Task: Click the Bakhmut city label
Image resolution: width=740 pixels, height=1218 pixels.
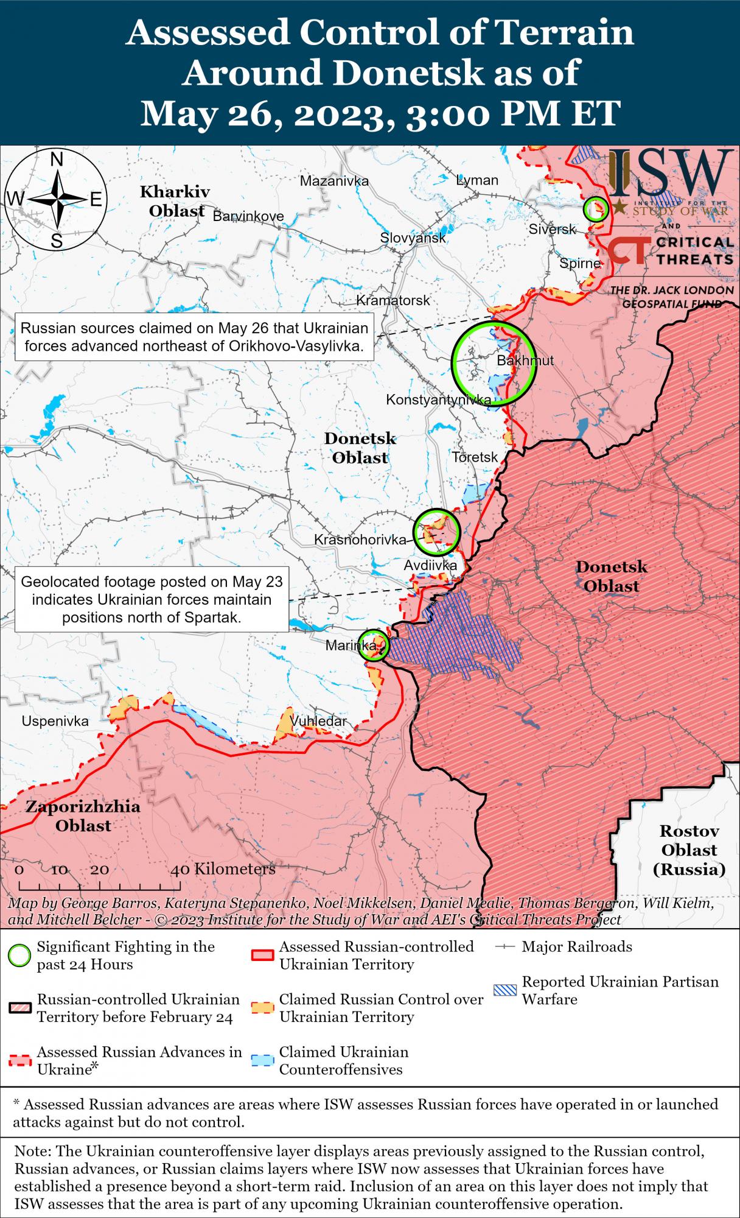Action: pyautogui.click(x=525, y=361)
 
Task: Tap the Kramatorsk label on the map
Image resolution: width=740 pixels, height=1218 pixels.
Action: pyautogui.click(x=393, y=300)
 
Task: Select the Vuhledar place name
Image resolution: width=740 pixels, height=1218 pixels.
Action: pyautogui.click(x=318, y=721)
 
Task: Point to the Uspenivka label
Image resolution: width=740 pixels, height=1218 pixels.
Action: pyautogui.click(x=55, y=721)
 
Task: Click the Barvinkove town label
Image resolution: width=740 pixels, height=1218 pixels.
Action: pyautogui.click(x=248, y=216)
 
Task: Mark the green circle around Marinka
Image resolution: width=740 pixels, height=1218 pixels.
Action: pyautogui.click(x=372, y=646)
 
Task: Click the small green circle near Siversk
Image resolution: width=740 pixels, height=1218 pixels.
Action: pyautogui.click(x=595, y=208)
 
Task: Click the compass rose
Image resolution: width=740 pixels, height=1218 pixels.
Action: pyautogui.click(x=56, y=199)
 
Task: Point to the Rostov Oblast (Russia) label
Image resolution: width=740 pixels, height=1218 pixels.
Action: pyautogui.click(x=689, y=850)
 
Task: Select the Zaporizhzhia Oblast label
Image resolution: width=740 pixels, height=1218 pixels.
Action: pyautogui.click(x=83, y=816)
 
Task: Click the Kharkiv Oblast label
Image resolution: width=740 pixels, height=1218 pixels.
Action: pyautogui.click(x=175, y=201)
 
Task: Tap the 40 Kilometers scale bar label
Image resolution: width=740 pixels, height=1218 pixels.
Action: pyautogui.click(x=223, y=869)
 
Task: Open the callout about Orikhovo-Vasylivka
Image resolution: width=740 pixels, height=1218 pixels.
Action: pyautogui.click(x=195, y=337)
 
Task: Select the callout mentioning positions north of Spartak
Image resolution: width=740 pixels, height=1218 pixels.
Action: pyautogui.click(x=152, y=599)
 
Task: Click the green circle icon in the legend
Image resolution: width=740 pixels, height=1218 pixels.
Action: pyautogui.click(x=19, y=956)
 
